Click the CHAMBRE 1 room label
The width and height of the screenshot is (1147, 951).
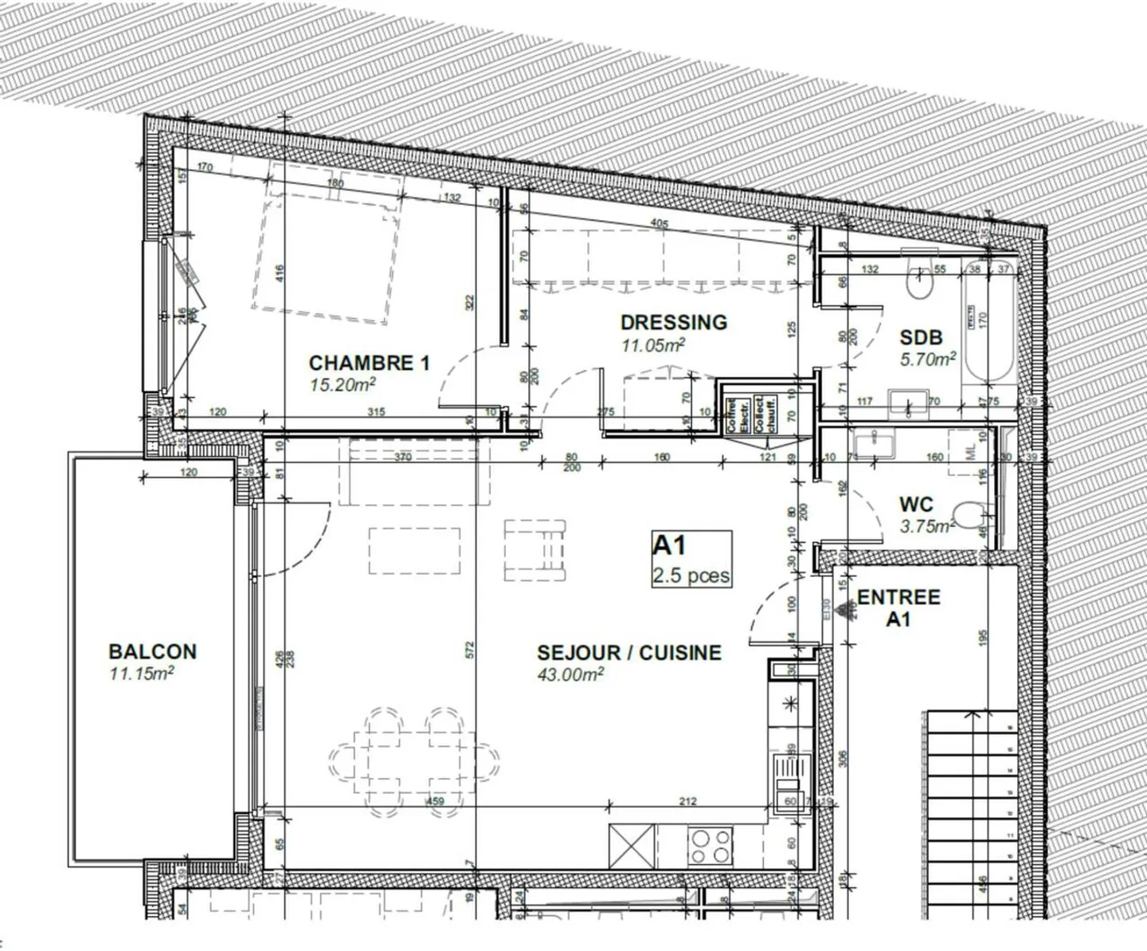(369, 364)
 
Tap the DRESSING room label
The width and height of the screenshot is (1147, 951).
(674, 323)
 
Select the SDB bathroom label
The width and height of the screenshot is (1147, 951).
(922, 337)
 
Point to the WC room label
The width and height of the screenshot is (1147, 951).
(916, 505)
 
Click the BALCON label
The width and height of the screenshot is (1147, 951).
(152, 651)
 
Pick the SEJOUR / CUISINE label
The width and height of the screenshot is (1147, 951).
(629, 653)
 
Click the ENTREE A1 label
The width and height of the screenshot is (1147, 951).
(898, 607)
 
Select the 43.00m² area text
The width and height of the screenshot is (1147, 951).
(570, 675)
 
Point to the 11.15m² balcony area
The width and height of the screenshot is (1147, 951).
(142, 674)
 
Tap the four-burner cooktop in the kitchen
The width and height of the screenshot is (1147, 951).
(711, 846)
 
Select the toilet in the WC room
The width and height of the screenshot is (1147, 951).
(969, 516)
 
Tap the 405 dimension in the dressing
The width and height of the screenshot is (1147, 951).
(659, 224)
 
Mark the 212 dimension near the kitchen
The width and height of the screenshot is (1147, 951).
(688, 801)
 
